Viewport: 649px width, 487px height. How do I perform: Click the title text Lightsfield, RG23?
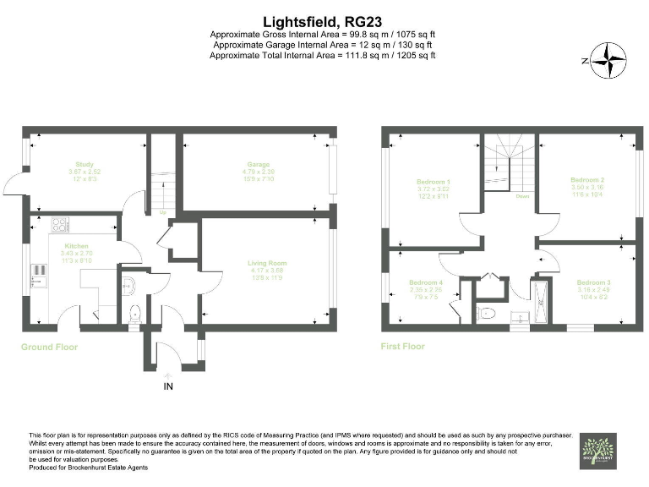click(x=324, y=20)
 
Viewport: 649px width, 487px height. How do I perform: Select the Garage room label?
click(x=258, y=165)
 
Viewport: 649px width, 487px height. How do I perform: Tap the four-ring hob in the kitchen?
click(x=60, y=225)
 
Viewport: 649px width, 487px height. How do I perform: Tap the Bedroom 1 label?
click(x=433, y=182)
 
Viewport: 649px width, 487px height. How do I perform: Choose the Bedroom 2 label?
click(x=586, y=180)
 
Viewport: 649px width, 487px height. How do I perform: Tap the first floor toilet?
click(x=486, y=313)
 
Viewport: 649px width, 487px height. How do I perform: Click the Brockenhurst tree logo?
click(x=598, y=450)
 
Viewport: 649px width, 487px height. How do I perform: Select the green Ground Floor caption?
click(x=50, y=347)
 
